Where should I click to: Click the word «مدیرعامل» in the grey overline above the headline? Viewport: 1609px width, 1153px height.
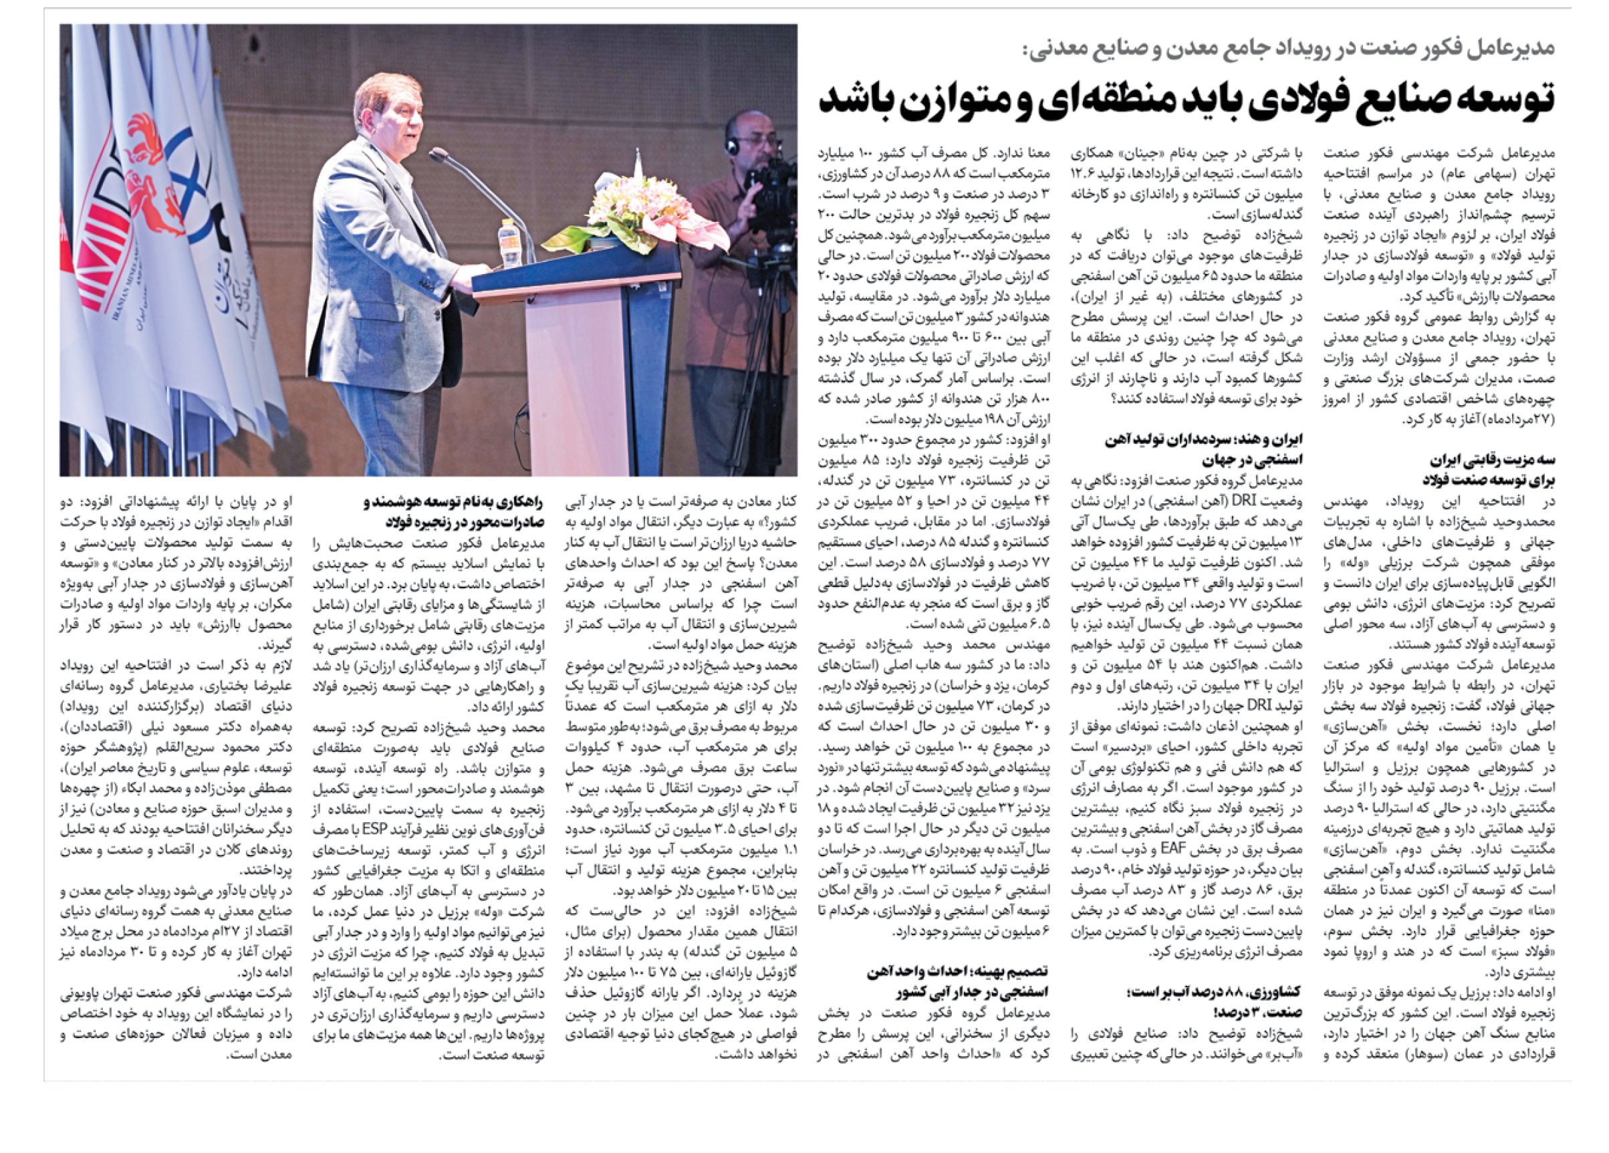1517,47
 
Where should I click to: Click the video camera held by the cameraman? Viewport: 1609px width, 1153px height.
769,188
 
